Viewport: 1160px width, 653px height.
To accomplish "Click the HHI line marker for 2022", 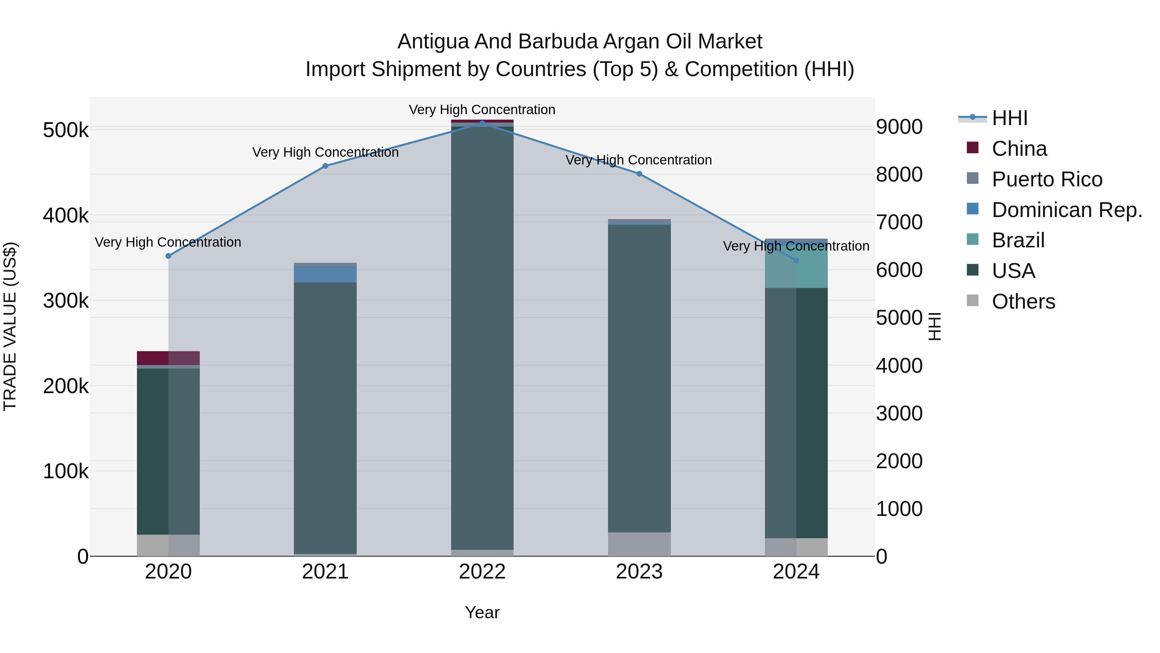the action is [482, 123].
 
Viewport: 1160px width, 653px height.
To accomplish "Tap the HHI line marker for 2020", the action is [169, 256].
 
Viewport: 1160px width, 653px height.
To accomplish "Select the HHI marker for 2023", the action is [639, 174].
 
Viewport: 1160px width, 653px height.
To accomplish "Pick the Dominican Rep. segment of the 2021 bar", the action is [325, 274].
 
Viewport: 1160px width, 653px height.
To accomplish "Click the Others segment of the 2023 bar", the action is [639, 544].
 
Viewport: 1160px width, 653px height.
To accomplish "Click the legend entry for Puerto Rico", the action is [1047, 179].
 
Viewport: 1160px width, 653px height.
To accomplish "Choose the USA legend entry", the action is [1013, 271].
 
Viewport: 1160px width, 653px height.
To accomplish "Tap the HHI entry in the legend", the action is [1010, 118].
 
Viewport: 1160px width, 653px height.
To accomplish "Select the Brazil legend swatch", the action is [973, 239].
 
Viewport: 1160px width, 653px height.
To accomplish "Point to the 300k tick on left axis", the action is [66, 301].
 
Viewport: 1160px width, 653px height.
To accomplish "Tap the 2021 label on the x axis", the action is [325, 572].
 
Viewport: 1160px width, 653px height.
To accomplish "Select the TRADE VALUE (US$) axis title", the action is [10, 326].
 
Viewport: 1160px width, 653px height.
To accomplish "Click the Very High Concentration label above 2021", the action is [325, 152].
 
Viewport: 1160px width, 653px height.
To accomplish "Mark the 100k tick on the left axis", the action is [66, 471].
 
